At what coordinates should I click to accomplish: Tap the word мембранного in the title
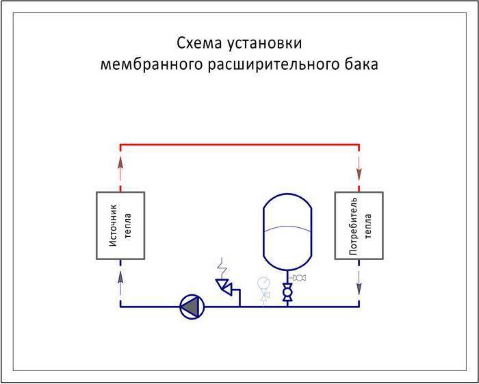[142, 65]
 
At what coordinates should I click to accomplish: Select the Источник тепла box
[120, 225]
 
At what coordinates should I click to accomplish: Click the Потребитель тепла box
[359, 225]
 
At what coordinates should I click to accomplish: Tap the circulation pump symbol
[192, 307]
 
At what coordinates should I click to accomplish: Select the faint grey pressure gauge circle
[264, 281]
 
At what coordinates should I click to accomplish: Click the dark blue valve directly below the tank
[287, 292]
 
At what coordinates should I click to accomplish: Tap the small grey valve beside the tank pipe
[299, 277]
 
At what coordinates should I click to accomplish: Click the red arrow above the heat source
[120, 164]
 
